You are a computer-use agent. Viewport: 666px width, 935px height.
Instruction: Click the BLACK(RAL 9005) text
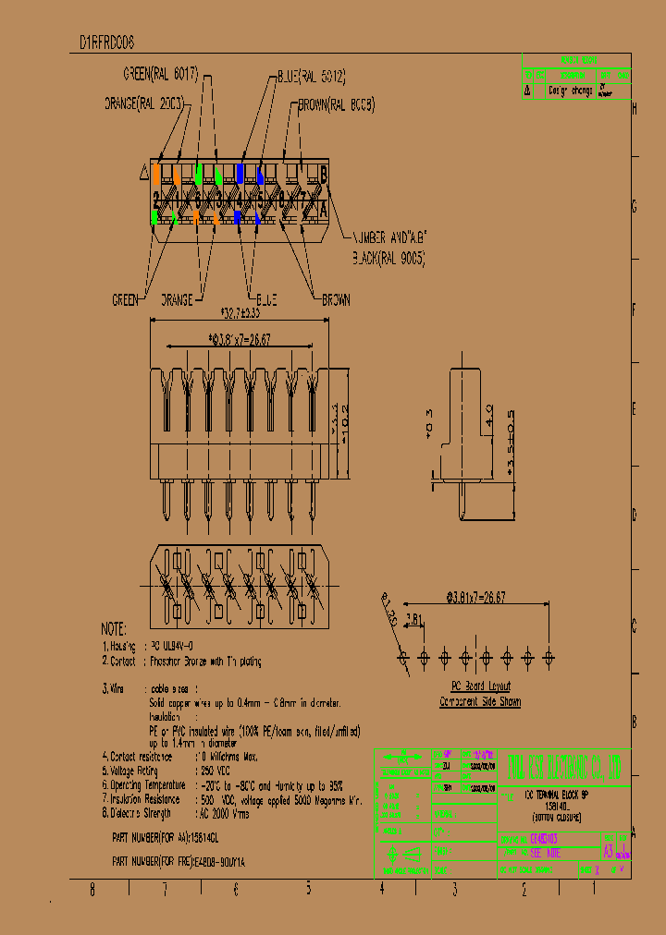coord(388,260)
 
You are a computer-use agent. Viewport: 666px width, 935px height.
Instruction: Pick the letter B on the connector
coord(324,172)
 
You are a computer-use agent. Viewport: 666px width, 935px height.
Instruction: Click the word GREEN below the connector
coord(125,299)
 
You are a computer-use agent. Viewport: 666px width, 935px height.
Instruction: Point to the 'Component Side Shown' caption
coord(479,702)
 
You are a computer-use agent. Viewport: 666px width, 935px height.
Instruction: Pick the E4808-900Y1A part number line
coord(179,861)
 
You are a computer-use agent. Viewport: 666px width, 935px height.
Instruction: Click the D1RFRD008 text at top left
coord(107,42)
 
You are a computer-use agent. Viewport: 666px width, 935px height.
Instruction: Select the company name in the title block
coord(567,765)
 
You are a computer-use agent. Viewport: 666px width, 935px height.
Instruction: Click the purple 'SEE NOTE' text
coord(545,854)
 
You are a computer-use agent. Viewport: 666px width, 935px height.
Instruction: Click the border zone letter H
coord(634,108)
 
